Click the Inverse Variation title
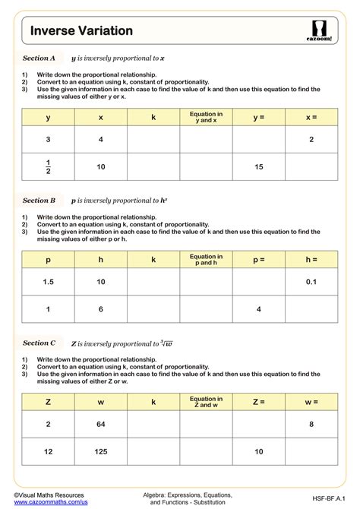81,30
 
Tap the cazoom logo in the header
319,30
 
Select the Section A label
39,58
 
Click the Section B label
39,201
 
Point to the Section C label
39,343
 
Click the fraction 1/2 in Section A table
48,166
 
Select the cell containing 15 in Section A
258,166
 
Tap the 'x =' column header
311,117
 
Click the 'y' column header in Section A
48,117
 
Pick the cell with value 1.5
48,282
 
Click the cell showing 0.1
311,282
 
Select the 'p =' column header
258,260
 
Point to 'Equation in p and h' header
206,260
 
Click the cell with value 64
100,424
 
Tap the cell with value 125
100,451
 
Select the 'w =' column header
311,402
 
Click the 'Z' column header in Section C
48,402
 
